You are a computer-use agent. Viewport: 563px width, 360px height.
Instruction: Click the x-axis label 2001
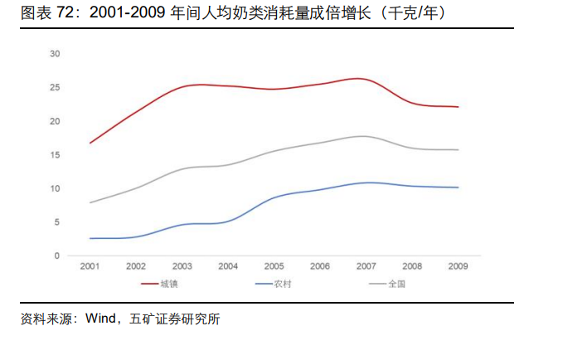click(x=90, y=266)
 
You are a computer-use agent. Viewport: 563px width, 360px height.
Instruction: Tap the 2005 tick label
click(x=274, y=266)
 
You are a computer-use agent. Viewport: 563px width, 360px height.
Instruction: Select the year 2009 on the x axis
click(x=458, y=266)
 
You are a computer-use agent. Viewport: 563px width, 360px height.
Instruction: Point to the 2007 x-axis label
click(x=366, y=266)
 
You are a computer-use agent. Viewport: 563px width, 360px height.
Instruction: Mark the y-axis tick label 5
click(x=56, y=222)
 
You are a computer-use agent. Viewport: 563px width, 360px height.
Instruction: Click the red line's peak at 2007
click(x=361, y=79)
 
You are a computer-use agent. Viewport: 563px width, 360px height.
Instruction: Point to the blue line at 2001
click(x=90, y=238)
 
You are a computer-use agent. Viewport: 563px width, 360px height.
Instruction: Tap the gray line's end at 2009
click(x=458, y=149)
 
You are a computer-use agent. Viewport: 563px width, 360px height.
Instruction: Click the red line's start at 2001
click(x=90, y=143)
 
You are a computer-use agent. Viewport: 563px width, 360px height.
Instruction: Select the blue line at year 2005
click(x=274, y=197)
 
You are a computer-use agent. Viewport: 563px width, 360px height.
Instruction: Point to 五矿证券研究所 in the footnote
click(x=175, y=319)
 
